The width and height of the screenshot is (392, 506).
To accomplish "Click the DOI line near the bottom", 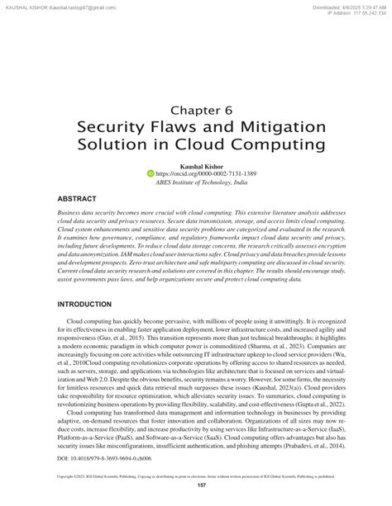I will click(x=94, y=456).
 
